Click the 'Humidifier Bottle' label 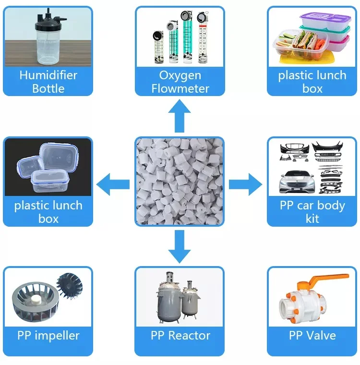48,82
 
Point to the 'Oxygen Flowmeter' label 180,82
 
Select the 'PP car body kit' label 312,212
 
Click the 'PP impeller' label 48,335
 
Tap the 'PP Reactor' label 180,335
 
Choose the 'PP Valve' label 312,335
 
